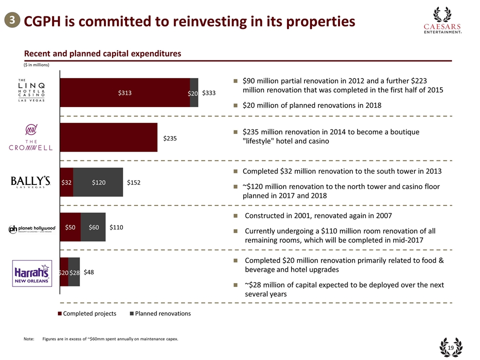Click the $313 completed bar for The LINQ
(124, 92)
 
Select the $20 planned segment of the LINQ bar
(194, 92)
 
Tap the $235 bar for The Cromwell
(108, 137)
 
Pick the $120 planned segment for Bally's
(98, 182)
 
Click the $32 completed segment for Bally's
(66, 182)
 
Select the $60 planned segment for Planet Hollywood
(93, 227)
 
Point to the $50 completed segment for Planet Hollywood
(70, 227)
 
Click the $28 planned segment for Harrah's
(74, 272)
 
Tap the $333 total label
(209, 93)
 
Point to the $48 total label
(90, 272)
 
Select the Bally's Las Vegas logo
(31, 182)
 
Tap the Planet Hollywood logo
(32, 228)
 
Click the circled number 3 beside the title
(10, 21)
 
